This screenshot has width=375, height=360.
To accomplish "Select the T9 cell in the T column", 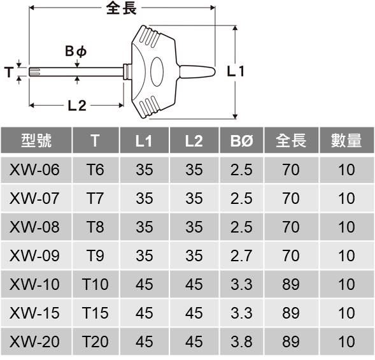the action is (x=96, y=256).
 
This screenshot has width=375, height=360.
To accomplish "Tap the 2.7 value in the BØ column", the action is (x=241, y=256).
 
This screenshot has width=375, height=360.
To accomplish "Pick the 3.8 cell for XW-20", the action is (x=241, y=342).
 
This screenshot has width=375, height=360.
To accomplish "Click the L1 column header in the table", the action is (x=144, y=141).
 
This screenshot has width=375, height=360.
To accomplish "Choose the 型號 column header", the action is (x=36, y=140).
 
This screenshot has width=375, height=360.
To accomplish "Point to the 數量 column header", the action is (x=346, y=140).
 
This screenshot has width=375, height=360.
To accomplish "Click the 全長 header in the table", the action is (x=291, y=140).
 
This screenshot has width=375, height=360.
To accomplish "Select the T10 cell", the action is (x=96, y=284).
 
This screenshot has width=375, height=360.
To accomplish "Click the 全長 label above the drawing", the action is (x=122, y=8).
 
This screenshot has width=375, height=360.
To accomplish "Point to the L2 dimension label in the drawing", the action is (x=77, y=106).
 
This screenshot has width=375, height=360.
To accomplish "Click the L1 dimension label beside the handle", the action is (x=236, y=71).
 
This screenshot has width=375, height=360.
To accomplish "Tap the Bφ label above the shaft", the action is (x=76, y=51).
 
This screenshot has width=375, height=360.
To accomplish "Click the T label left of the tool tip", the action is (x=9, y=72).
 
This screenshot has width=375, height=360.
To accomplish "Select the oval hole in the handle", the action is (x=157, y=71).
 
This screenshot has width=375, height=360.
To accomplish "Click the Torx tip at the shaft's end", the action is (x=34, y=72).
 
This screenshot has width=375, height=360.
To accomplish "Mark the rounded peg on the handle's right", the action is (x=197, y=71).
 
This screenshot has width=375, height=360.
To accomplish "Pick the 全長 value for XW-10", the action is (x=291, y=284).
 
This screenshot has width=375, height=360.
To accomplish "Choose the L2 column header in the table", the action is (x=194, y=141).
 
